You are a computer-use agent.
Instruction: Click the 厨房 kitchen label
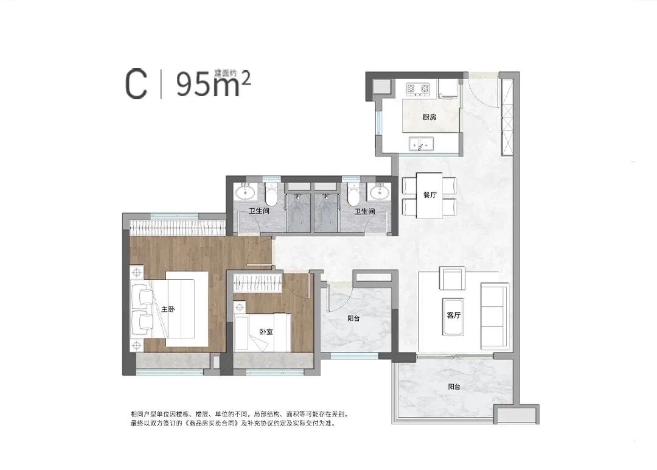click(429, 118)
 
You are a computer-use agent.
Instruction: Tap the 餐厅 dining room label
click(430, 195)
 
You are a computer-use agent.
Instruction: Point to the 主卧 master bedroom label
click(168, 309)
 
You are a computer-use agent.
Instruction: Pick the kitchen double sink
click(420, 145)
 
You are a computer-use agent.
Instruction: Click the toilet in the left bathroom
click(271, 194)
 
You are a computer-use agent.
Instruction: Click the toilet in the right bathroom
click(352, 194)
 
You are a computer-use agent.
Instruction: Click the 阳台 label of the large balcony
click(454, 386)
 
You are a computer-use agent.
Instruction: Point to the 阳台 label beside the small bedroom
click(352, 317)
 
